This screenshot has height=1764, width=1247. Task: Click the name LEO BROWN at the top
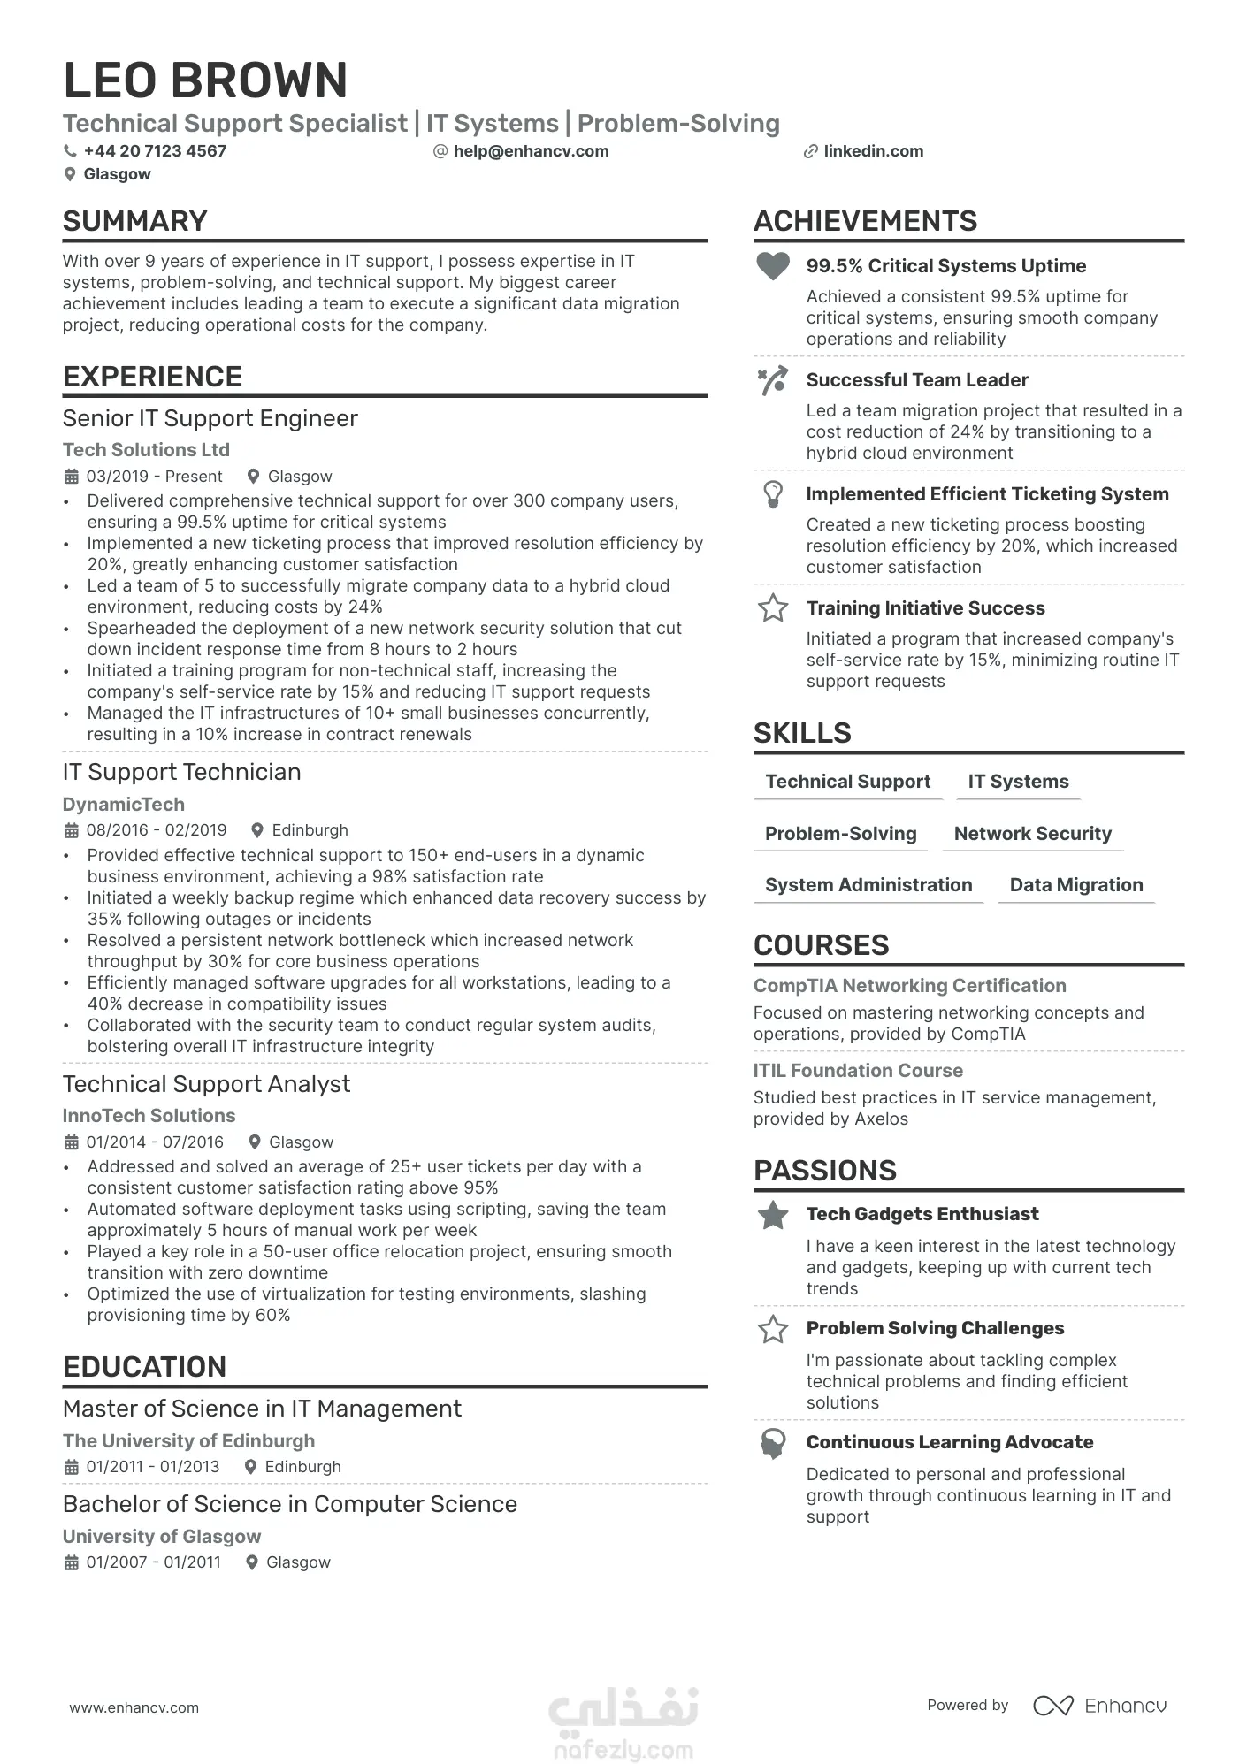205,80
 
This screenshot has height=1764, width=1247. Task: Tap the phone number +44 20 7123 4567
155,151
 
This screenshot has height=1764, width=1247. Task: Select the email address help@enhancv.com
531,151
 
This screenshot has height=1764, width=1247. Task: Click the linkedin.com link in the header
873,151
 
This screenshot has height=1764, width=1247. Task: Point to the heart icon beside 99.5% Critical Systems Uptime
773,265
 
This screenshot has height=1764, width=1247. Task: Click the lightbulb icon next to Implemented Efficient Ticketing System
773,493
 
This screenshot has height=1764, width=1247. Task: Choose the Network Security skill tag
1032,834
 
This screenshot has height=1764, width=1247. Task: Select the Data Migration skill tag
1075,885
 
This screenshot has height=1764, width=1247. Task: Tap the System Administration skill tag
868,885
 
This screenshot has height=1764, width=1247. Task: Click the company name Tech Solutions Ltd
146,450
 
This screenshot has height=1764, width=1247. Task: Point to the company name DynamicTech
124,805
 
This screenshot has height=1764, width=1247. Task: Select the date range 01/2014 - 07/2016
155,1142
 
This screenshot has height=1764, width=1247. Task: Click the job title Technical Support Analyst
206,1084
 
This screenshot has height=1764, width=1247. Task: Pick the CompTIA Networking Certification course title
909,986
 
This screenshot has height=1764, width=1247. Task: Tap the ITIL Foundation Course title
858,1071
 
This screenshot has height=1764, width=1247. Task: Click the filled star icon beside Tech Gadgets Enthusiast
773,1215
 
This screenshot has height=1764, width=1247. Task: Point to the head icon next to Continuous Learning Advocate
773,1443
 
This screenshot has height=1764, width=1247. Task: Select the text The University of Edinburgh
188,1441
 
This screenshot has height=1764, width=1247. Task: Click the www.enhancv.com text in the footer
134,1707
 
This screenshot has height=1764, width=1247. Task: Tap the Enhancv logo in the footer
1099,1706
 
